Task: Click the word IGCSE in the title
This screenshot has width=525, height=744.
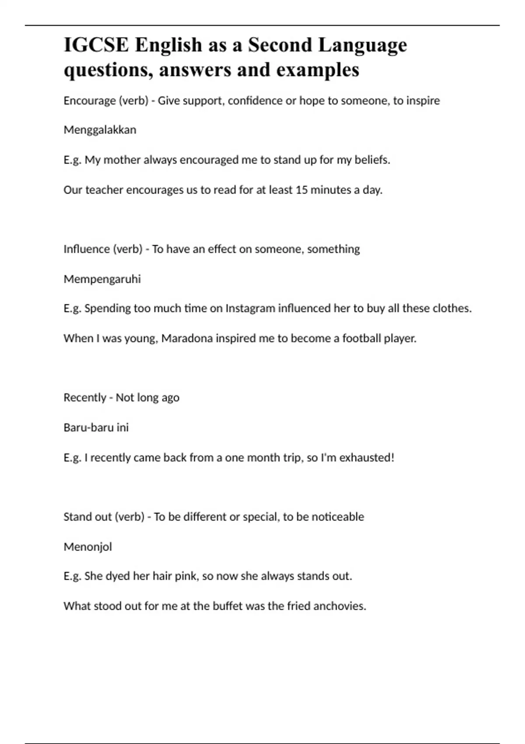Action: pos(96,45)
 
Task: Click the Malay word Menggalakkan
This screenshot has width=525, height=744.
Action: pos(100,130)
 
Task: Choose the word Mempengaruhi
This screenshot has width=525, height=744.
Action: pos(102,279)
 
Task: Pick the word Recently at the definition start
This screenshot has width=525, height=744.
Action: pos(85,398)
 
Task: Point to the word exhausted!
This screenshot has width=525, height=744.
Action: pos(367,458)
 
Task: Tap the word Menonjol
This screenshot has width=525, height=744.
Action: pos(87,547)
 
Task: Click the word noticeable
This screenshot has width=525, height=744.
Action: pos(337,517)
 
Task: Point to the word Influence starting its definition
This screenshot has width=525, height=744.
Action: pos(87,249)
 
